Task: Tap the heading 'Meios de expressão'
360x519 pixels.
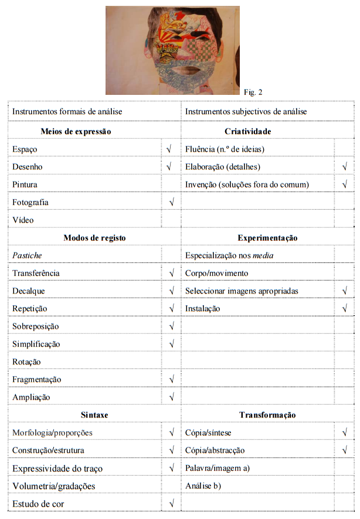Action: (76, 131)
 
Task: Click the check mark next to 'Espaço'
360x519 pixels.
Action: (169, 149)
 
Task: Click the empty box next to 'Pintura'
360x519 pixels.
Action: (171, 185)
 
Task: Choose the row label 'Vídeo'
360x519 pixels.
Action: (23, 220)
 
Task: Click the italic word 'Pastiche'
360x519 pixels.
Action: (27, 255)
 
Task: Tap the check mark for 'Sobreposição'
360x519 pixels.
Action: (171, 326)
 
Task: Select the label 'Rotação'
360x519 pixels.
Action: (26, 362)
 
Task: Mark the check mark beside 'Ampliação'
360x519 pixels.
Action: (171, 397)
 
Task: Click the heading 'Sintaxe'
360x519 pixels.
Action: (94, 415)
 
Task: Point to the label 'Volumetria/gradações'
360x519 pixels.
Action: (53, 486)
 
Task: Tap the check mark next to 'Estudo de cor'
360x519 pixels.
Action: (171, 504)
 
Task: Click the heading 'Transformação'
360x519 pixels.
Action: (267, 415)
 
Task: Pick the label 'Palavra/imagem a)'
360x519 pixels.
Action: (218, 468)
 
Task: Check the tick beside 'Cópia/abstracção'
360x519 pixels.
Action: (344, 450)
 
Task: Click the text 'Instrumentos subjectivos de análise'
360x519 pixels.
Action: (246, 111)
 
